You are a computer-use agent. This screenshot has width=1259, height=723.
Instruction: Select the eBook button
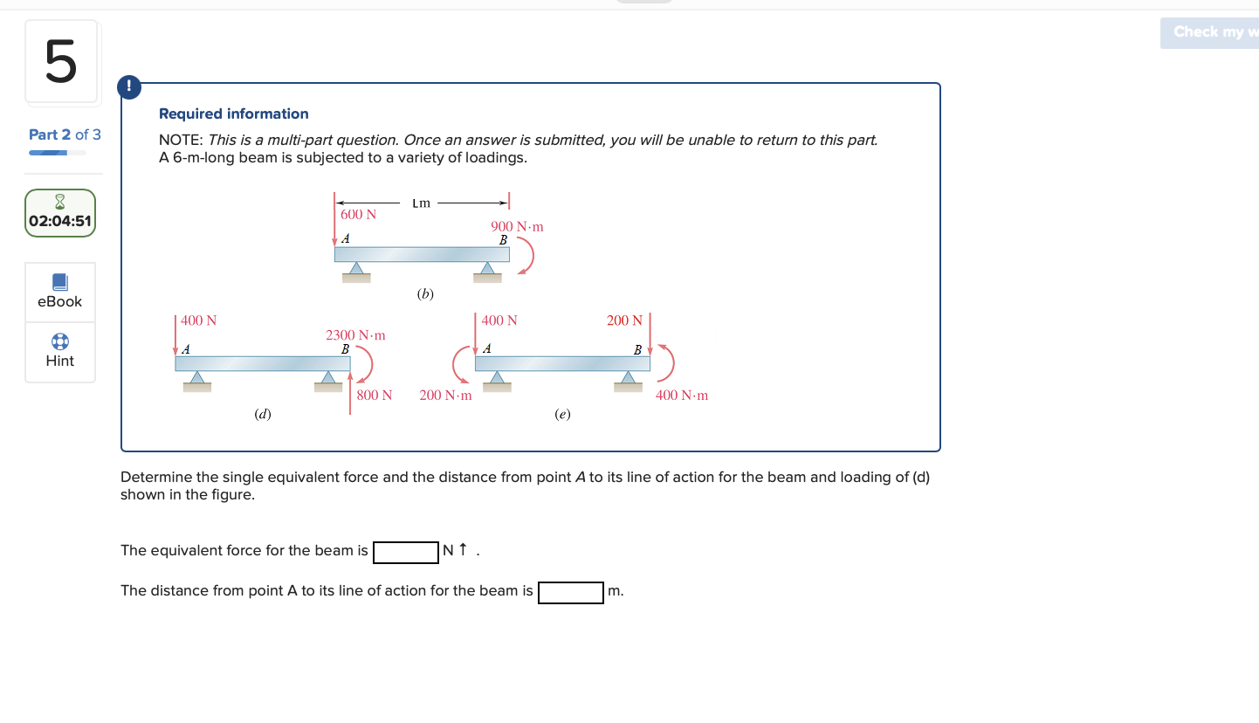[x=59, y=292]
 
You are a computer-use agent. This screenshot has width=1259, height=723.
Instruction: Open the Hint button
[x=59, y=351]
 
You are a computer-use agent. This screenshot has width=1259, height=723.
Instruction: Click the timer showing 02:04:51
[x=59, y=213]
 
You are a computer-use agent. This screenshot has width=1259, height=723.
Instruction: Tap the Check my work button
[x=1210, y=32]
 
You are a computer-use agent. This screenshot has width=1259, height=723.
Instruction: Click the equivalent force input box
[x=405, y=552]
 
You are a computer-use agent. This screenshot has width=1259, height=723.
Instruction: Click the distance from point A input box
[x=570, y=592]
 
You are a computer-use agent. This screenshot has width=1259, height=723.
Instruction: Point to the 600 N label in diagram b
[x=358, y=215]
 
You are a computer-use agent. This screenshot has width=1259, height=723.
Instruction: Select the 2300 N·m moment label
[x=355, y=335]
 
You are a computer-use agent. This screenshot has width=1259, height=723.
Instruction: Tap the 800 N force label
[x=374, y=396]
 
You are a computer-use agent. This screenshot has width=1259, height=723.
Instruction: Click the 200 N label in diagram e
[x=624, y=321]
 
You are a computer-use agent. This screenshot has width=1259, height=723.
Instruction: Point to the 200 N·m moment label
[x=445, y=396]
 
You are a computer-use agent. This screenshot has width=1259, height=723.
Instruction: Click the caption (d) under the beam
[x=262, y=415]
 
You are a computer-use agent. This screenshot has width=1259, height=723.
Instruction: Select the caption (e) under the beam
[x=562, y=415]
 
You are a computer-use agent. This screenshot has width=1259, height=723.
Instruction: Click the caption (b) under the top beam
[x=425, y=294]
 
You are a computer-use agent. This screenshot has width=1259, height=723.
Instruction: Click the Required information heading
[x=233, y=114]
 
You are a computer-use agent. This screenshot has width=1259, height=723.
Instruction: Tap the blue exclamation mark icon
[x=129, y=86]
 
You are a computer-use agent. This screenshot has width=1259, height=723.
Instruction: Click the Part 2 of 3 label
[x=65, y=134]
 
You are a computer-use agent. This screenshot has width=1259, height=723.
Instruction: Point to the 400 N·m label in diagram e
[x=682, y=396]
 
